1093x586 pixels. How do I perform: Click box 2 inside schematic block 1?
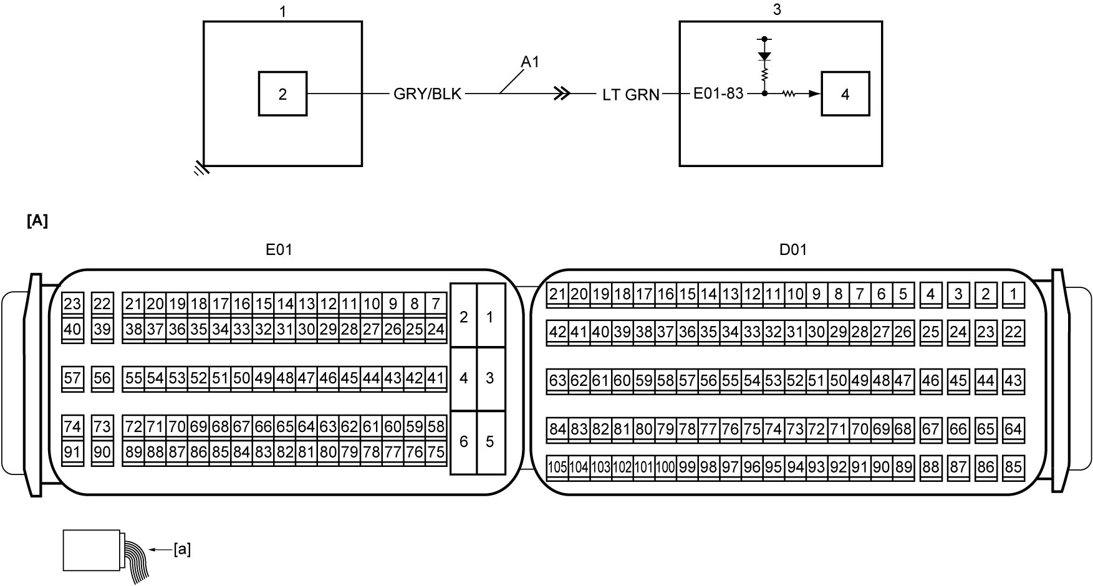coord(282,94)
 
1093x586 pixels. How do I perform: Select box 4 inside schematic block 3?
coord(845,94)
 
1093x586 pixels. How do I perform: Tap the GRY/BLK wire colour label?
coord(428,94)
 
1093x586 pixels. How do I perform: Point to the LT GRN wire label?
coord(631,95)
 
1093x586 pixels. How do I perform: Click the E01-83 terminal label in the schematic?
coord(718,94)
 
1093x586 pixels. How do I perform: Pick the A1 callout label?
coord(530,62)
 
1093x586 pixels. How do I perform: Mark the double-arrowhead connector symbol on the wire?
coord(562,94)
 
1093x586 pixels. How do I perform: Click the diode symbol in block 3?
coord(764,55)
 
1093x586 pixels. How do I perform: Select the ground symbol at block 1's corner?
coord(201,168)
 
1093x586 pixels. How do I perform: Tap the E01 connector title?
coord(279,250)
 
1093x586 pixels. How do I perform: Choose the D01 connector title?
coord(793,250)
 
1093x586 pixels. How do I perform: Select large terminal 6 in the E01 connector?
coord(463,442)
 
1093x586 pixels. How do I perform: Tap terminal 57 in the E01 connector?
coord(72,378)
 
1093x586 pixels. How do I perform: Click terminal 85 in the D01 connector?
coord(1013,467)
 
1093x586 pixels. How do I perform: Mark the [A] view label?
coord(37,221)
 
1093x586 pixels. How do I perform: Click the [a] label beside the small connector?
coord(182,550)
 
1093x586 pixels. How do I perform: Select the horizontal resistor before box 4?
coord(789,94)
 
